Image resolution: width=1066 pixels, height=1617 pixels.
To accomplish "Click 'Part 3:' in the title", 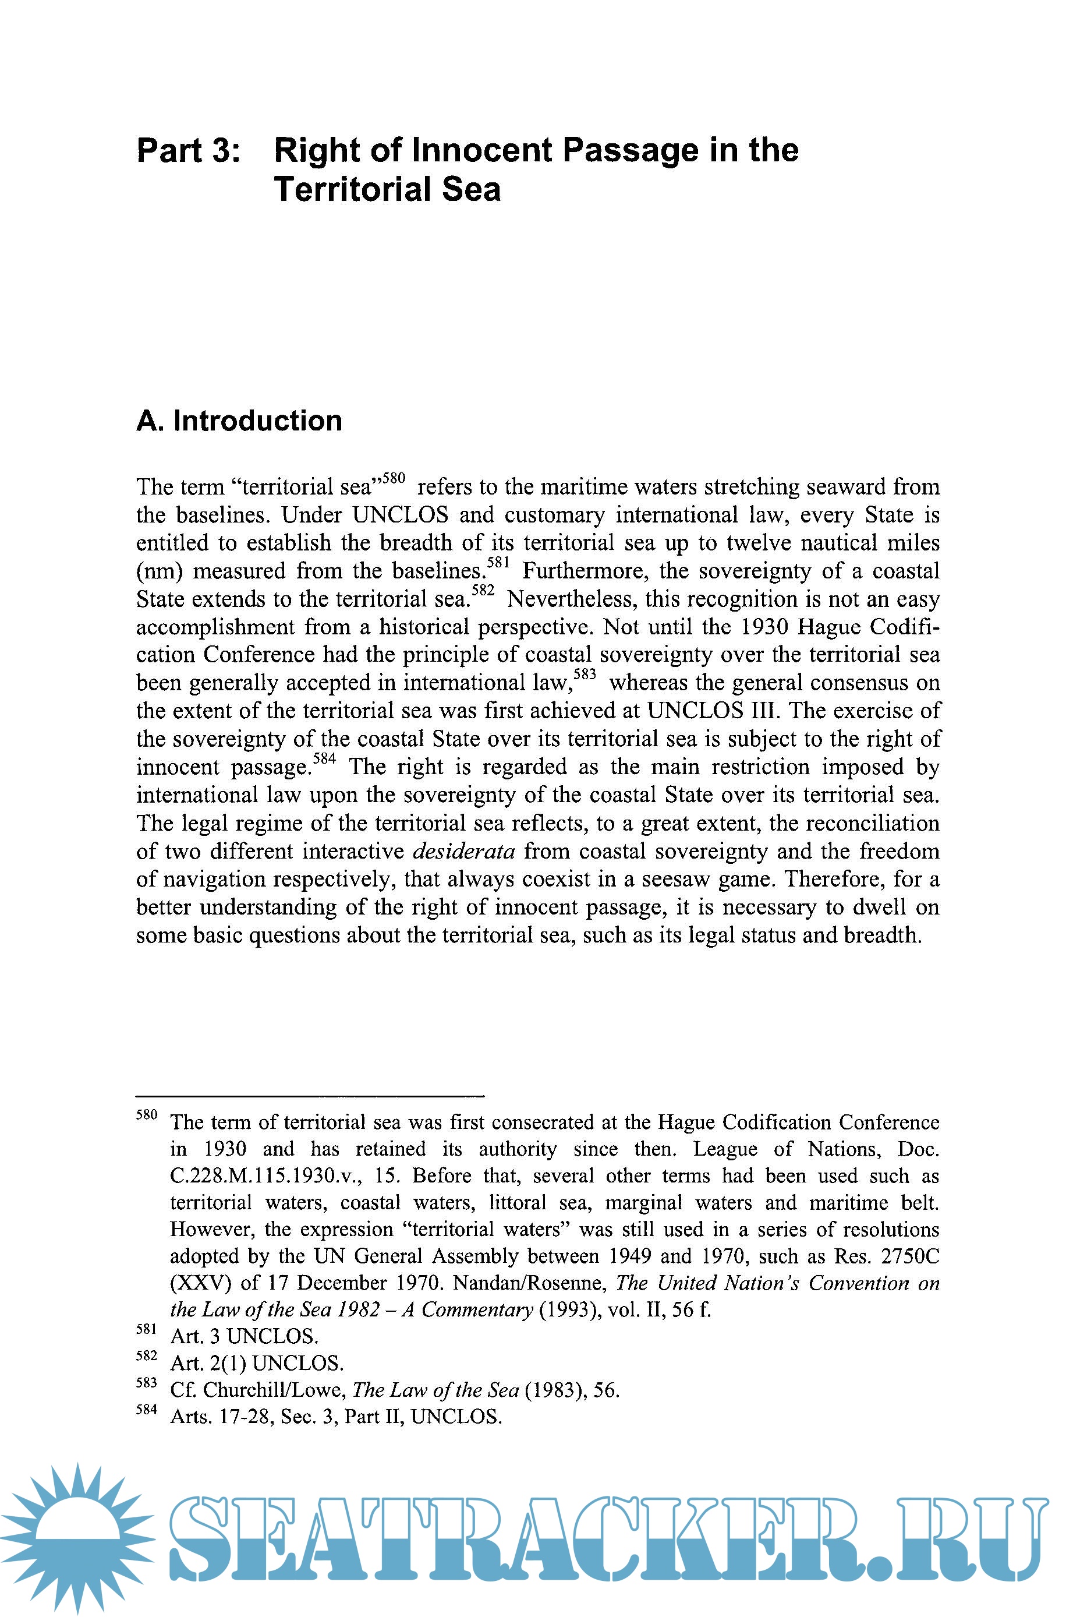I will [x=188, y=150].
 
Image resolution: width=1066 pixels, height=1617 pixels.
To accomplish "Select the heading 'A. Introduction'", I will [x=239, y=421].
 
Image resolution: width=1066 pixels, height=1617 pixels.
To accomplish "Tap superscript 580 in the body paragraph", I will [x=394, y=479].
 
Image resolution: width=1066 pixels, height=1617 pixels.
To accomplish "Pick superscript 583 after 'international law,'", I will [x=585, y=675].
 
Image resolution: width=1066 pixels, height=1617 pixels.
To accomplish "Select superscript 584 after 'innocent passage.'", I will [x=324, y=759].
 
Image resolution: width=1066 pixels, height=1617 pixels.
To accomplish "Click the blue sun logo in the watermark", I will [x=77, y=1538].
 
